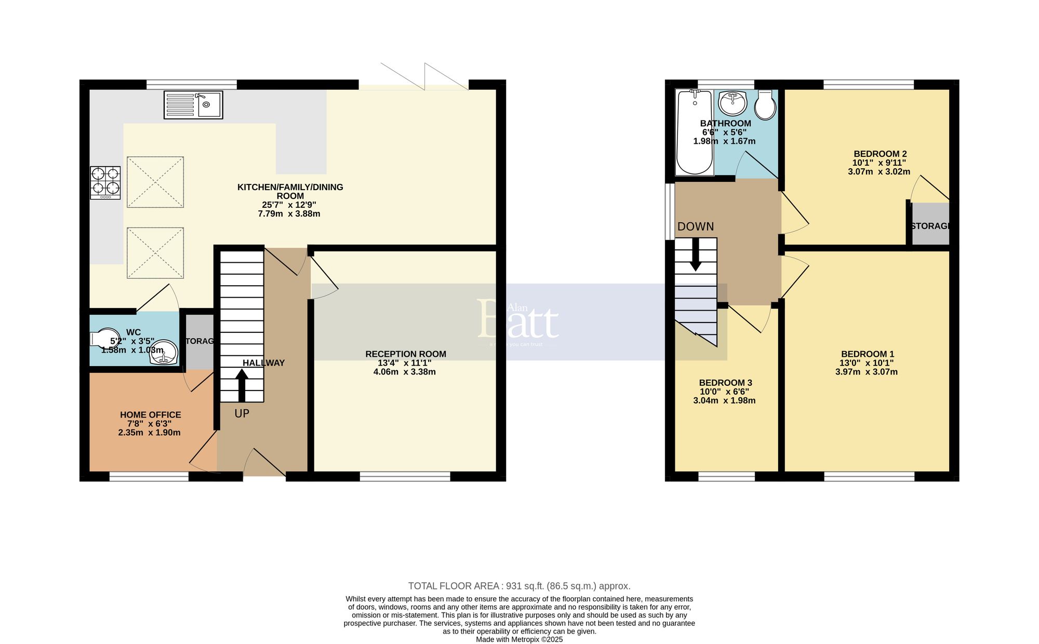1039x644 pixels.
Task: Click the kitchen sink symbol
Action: coord(193,104)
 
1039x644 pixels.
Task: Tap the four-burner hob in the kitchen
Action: coord(105,182)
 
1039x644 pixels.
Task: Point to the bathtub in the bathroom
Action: coord(694,132)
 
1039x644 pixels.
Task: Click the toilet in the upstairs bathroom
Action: coord(765,106)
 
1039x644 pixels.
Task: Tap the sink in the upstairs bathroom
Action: coord(733,103)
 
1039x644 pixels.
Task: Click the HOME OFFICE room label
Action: coord(150,414)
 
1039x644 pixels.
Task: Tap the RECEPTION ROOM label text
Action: coord(405,354)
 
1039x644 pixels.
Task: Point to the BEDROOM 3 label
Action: coord(725,383)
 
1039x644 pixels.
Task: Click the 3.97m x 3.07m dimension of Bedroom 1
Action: coord(866,372)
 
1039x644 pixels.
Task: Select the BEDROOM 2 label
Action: coord(880,154)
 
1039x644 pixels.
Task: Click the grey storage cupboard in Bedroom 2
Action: coord(930,224)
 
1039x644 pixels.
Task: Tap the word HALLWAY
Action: coord(263,363)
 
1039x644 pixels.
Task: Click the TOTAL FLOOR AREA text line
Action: coord(519,586)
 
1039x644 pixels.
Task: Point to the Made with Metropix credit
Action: coord(519,639)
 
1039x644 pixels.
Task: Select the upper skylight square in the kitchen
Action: coord(155,182)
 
